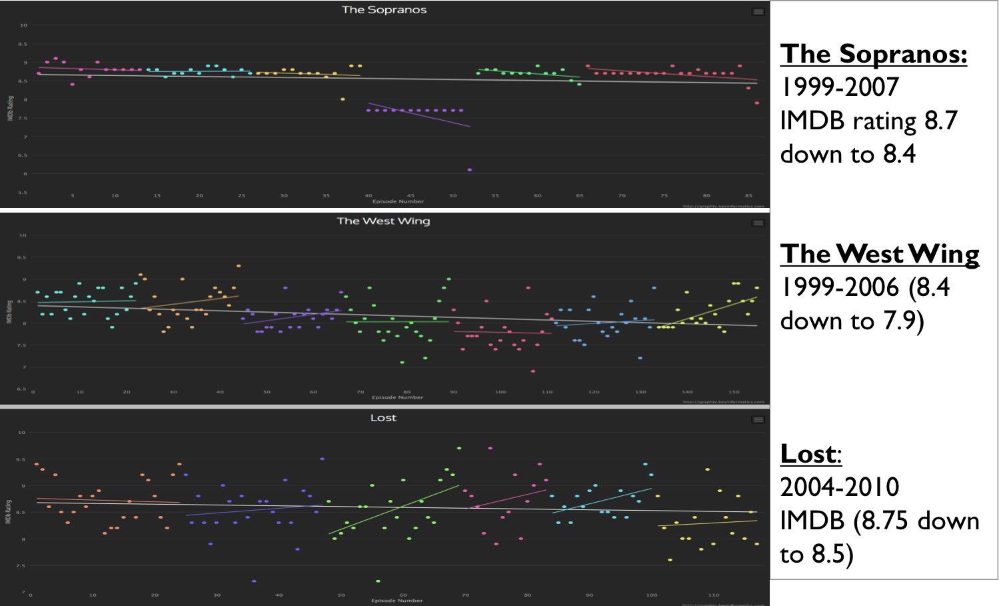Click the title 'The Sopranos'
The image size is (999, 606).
384,10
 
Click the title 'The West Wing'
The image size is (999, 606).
383,221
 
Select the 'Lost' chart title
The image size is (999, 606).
383,418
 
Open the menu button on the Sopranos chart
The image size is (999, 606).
758,12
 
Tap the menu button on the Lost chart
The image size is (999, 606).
758,420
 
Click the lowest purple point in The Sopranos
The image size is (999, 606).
470,170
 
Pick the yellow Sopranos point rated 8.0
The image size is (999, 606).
343,99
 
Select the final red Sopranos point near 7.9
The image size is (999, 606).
757,103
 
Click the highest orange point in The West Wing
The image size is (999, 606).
239,266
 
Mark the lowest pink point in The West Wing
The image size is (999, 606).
533,371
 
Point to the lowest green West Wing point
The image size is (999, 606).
402,363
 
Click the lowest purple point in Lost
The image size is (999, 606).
254,581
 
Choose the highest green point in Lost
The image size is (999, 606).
459,448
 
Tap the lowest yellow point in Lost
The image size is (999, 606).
670,560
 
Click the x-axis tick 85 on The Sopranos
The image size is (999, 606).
748,196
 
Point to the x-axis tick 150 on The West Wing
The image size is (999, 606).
734,392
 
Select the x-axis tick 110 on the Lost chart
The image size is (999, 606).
714,595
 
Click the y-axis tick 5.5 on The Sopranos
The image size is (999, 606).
23,193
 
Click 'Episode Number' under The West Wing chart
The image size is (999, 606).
397,397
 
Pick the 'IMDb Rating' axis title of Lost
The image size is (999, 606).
9,512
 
